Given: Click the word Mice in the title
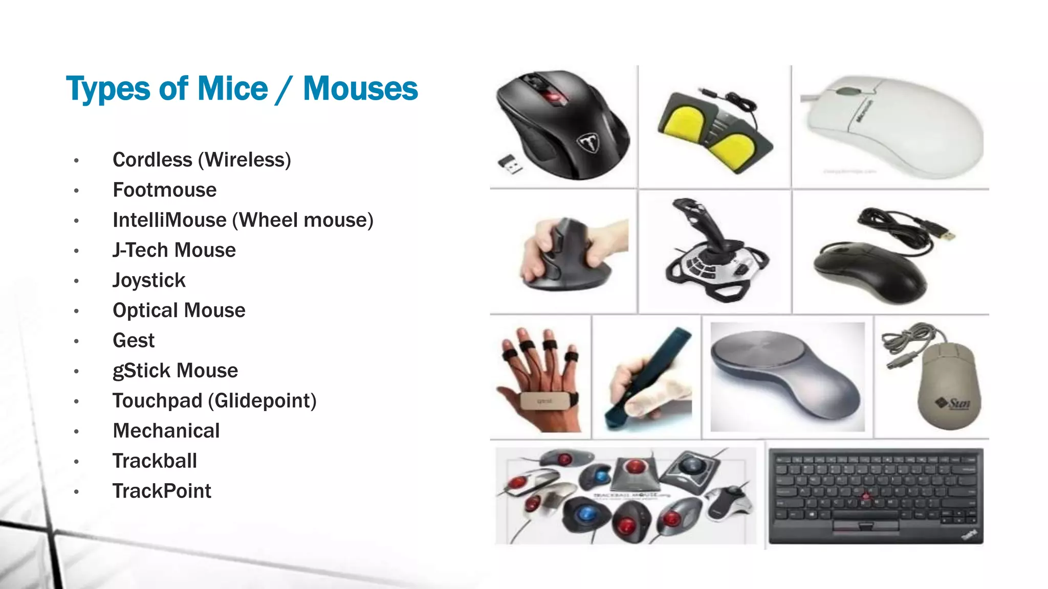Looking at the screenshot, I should click(x=232, y=89).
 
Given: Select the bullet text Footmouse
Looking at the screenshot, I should click(x=164, y=190).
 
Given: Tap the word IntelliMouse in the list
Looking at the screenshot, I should click(x=169, y=220).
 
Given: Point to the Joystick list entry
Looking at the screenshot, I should click(x=149, y=281).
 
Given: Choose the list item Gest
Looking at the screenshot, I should click(x=134, y=341).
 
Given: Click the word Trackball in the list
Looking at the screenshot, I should click(x=155, y=461).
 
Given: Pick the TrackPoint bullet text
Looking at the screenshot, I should click(x=162, y=491).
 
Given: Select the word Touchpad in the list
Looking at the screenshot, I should click(x=158, y=401).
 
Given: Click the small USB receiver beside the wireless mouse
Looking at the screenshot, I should click(x=510, y=164).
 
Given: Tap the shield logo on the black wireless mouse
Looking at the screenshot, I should click(x=589, y=143).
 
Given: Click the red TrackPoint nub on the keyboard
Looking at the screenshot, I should click(x=865, y=496).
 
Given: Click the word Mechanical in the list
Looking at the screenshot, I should click(x=166, y=431).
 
